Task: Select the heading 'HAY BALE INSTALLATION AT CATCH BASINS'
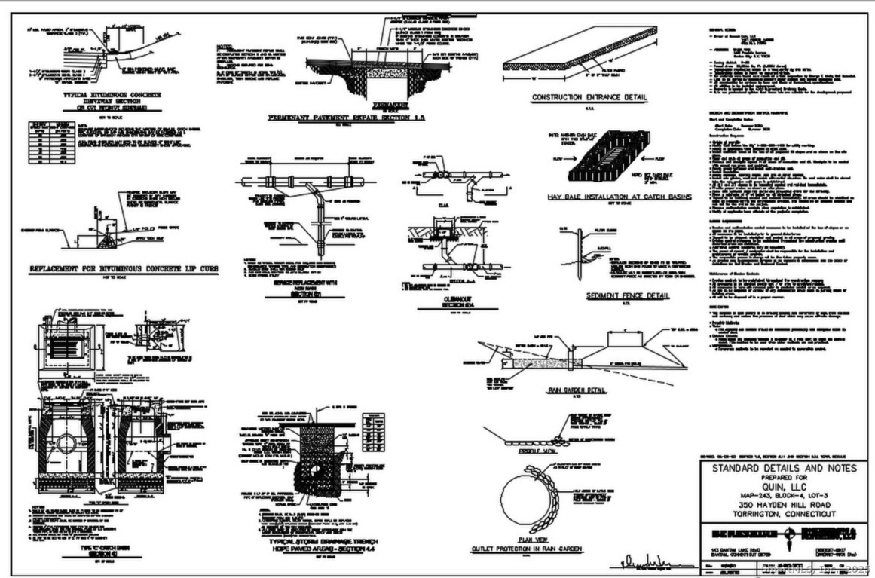coord(604,197)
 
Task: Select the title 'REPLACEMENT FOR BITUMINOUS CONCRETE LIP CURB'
coord(129,269)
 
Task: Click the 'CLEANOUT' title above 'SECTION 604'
coord(436,297)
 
